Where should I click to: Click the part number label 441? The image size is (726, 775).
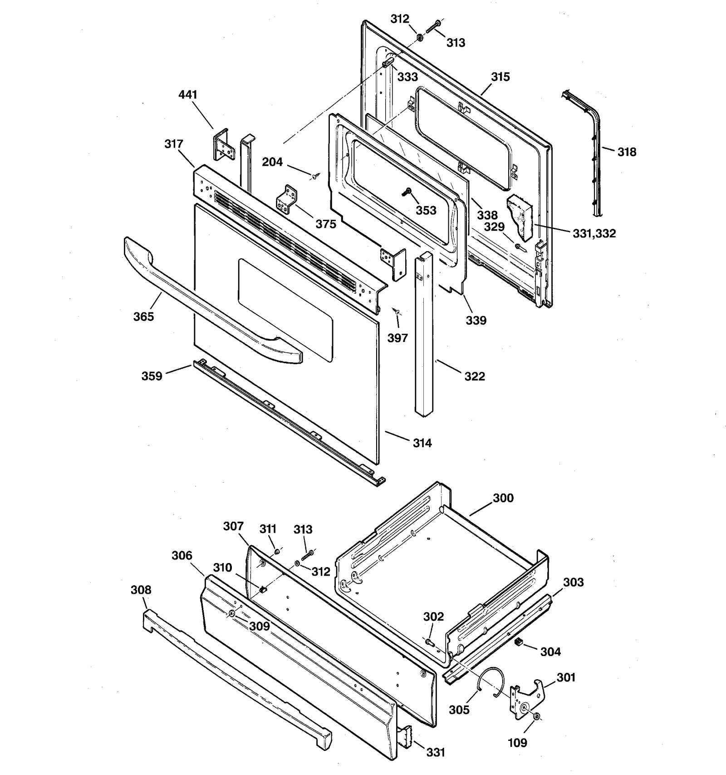[188, 94]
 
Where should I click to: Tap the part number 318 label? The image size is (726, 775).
[627, 152]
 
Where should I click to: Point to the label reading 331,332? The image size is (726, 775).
[594, 233]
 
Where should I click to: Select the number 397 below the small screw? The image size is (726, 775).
[397, 338]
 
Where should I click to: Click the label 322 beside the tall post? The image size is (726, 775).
[474, 376]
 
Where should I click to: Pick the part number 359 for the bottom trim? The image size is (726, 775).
[152, 376]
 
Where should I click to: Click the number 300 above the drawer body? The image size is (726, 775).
[503, 498]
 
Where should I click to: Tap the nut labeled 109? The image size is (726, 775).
[536, 716]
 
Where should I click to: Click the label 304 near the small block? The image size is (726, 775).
[550, 652]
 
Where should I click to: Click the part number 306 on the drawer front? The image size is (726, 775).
[182, 555]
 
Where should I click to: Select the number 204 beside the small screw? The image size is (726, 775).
[272, 162]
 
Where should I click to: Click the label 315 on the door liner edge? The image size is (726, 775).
[500, 77]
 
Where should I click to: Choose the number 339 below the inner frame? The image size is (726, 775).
[476, 321]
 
